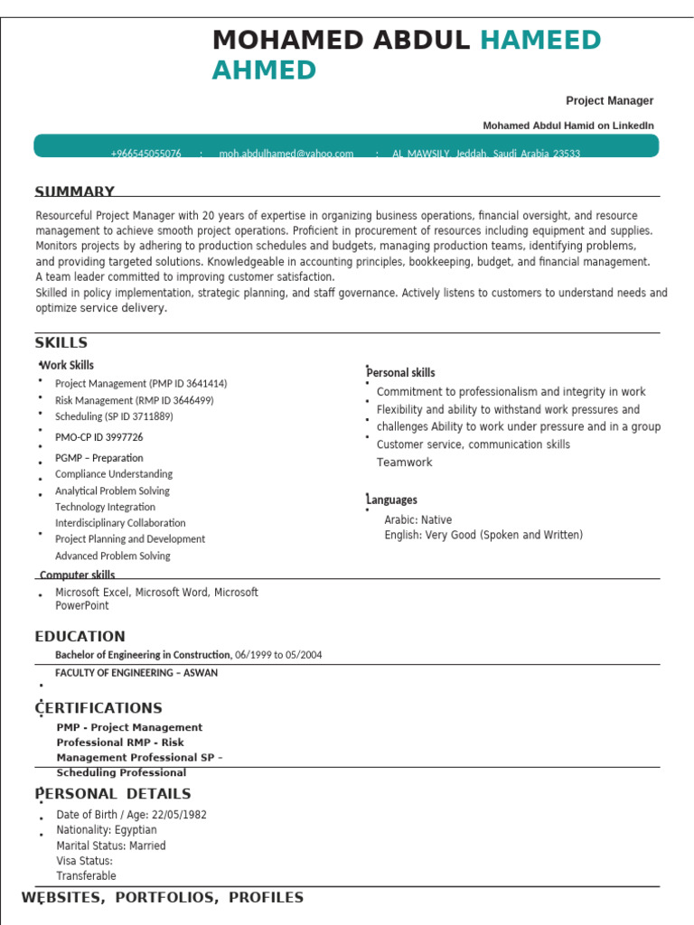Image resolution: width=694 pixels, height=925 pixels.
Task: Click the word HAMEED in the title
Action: [x=539, y=41]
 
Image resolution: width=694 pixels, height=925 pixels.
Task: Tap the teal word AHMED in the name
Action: [x=264, y=70]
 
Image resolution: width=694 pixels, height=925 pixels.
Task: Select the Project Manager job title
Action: [x=609, y=101]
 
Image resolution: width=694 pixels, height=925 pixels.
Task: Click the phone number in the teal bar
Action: [x=145, y=154]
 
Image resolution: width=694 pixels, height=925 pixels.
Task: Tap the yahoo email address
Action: [x=286, y=154]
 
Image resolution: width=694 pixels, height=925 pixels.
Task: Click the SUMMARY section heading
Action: [x=74, y=192]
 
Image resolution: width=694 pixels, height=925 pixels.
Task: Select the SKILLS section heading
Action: [x=61, y=342]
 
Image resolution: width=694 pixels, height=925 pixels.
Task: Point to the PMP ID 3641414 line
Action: [x=141, y=384]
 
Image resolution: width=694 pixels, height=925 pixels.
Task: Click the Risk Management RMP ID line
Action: [x=134, y=400]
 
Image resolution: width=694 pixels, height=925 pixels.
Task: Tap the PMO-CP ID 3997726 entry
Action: [x=98, y=437]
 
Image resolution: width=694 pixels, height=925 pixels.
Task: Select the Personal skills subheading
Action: [x=400, y=373]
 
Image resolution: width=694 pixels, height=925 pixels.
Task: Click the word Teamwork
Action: [x=404, y=462]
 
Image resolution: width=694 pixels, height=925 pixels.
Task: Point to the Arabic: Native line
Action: [x=417, y=520]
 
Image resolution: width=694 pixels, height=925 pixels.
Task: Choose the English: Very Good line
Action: [x=483, y=536]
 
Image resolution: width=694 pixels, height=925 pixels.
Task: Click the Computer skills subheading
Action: [x=77, y=575]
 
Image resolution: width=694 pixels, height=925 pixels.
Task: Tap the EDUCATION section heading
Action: [x=80, y=637]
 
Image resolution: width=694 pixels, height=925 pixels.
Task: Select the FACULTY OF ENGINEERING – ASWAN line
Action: [x=136, y=673]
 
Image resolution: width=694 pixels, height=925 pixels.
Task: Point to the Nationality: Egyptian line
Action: [x=106, y=830]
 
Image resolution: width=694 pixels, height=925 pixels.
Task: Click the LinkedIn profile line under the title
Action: [x=567, y=126]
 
